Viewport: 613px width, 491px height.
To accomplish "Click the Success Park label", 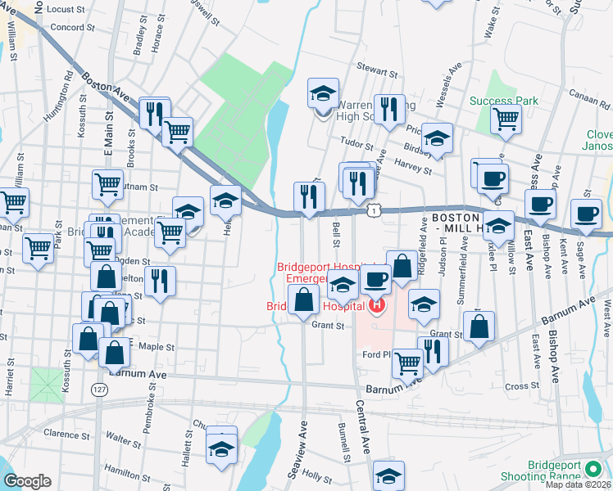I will [504, 101].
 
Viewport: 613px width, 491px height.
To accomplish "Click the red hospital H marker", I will [377, 307].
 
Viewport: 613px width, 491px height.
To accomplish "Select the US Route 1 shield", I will [373, 211].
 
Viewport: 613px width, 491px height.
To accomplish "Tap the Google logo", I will [27, 481].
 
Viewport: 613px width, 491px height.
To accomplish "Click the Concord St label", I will [74, 27].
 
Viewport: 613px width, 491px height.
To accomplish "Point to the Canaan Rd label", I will [590, 104].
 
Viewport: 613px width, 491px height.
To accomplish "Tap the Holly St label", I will [314, 473].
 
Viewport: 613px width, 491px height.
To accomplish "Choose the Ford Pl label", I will [378, 355].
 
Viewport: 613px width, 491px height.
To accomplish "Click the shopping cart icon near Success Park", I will [506, 119].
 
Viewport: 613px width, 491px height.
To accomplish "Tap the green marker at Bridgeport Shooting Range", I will [593, 471].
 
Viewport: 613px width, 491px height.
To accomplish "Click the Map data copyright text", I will [579, 484].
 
